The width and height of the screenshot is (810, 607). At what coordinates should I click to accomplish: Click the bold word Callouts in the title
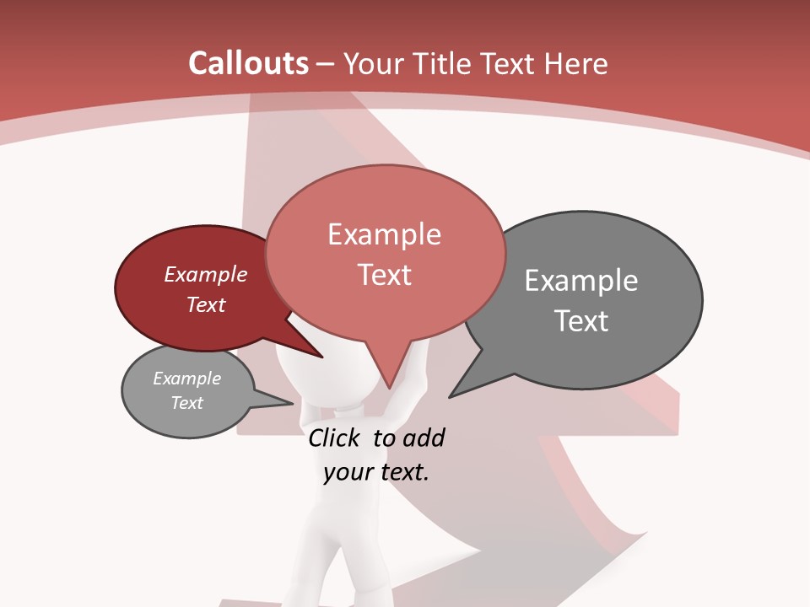[248, 63]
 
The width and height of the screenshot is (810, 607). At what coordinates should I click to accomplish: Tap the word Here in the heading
[576, 63]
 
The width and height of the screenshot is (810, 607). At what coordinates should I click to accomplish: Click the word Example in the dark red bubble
[206, 274]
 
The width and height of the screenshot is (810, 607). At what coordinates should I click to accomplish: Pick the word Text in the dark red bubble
[206, 304]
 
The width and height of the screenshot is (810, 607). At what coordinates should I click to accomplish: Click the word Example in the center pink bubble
[384, 234]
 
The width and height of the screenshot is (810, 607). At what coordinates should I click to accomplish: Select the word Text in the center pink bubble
[385, 275]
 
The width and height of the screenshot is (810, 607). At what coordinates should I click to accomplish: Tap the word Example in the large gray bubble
[581, 281]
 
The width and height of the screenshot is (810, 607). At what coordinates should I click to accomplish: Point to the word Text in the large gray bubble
[581, 321]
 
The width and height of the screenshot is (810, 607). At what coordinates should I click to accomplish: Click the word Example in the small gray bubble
[187, 379]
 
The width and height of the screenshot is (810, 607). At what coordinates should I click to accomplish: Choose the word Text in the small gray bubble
[187, 403]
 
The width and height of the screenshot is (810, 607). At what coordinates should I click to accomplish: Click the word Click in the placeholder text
[335, 438]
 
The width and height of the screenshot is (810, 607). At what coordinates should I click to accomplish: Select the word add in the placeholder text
[424, 438]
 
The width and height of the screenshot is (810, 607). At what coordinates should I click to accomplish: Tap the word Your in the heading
[374, 63]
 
